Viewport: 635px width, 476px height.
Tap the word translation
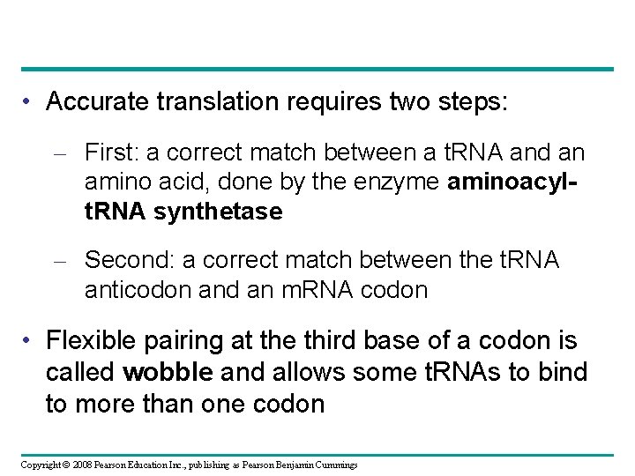coord(201,102)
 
